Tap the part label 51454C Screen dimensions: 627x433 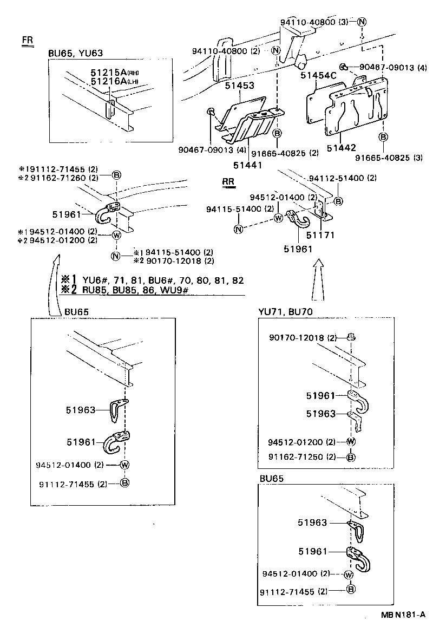point(319,75)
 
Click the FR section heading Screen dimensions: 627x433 point(27,41)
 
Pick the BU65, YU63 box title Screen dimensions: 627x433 point(75,53)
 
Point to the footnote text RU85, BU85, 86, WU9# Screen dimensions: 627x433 point(133,290)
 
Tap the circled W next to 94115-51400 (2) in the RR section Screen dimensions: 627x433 point(278,218)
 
